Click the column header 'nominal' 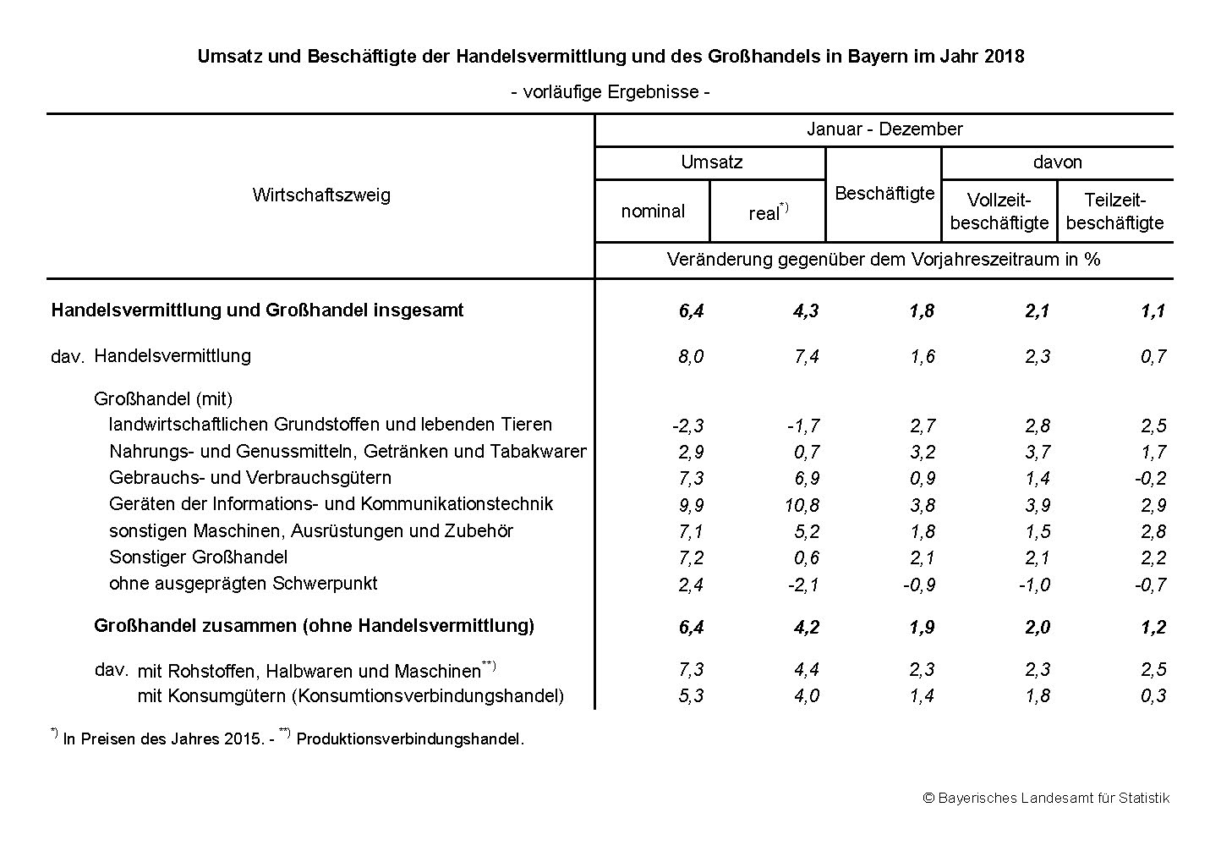pyautogui.click(x=652, y=211)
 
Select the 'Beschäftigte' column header pyautogui.click(x=884, y=194)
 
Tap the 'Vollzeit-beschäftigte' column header pyautogui.click(x=999, y=211)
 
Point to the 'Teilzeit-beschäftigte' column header pyautogui.click(x=1114, y=211)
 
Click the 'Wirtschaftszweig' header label pyautogui.click(x=321, y=195)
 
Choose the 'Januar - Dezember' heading pyautogui.click(x=884, y=129)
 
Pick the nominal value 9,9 pyautogui.click(x=690, y=505)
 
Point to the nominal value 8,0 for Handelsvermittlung pyautogui.click(x=690, y=357)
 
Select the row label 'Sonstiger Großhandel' pyautogui.click(x=198, y=557)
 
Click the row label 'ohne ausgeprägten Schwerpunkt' pyautogui.click(x=243, y=584)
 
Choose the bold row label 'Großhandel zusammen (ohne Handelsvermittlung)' pyautogui.click(x=314, y=626)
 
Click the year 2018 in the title pyautogui.click(x=1005, y=57)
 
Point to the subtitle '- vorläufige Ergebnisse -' pyautogui.click(x=610, y=91)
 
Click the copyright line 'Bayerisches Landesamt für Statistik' pyautogui.click(x=1054, y=798)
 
